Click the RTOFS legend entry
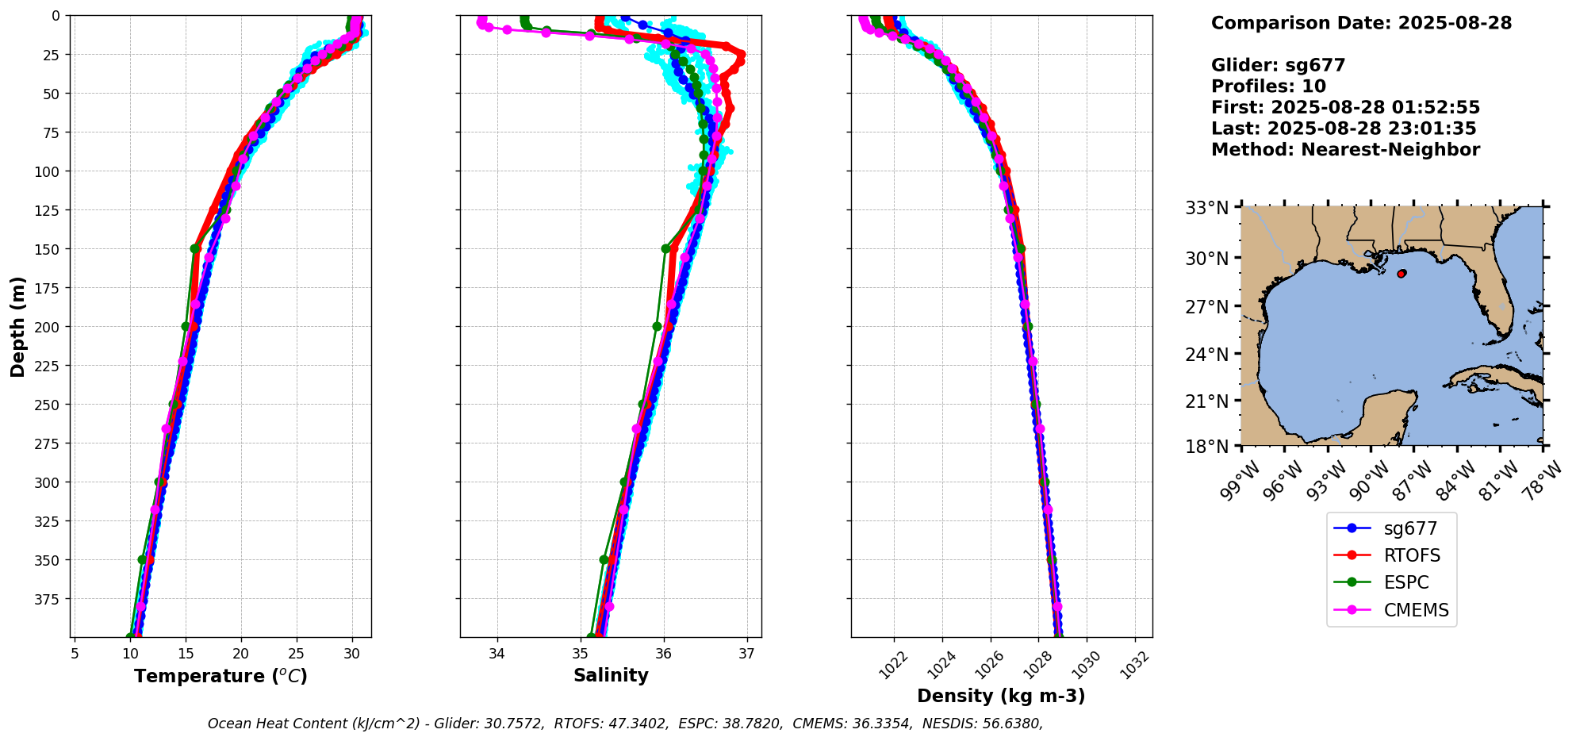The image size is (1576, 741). click(1411, 555)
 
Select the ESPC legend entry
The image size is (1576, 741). click(1405, 582)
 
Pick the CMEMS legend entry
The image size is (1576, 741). click(1416, 610)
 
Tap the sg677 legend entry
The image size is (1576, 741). click(1410, 528)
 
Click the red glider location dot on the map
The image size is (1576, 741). click(1402, 274)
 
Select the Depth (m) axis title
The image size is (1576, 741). click(18, 327)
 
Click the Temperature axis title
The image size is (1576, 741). click(220, 676)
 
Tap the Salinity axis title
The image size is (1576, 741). click(611, 675)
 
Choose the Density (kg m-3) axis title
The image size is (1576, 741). click(1001, 696)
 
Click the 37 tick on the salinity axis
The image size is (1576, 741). click(746, 655)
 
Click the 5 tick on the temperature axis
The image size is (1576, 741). click(75, 655)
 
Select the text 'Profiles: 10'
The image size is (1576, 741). click(1268, 86)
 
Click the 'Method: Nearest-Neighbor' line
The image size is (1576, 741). click(1345, 150)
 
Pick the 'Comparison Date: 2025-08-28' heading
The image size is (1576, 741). click(1361, 23)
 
